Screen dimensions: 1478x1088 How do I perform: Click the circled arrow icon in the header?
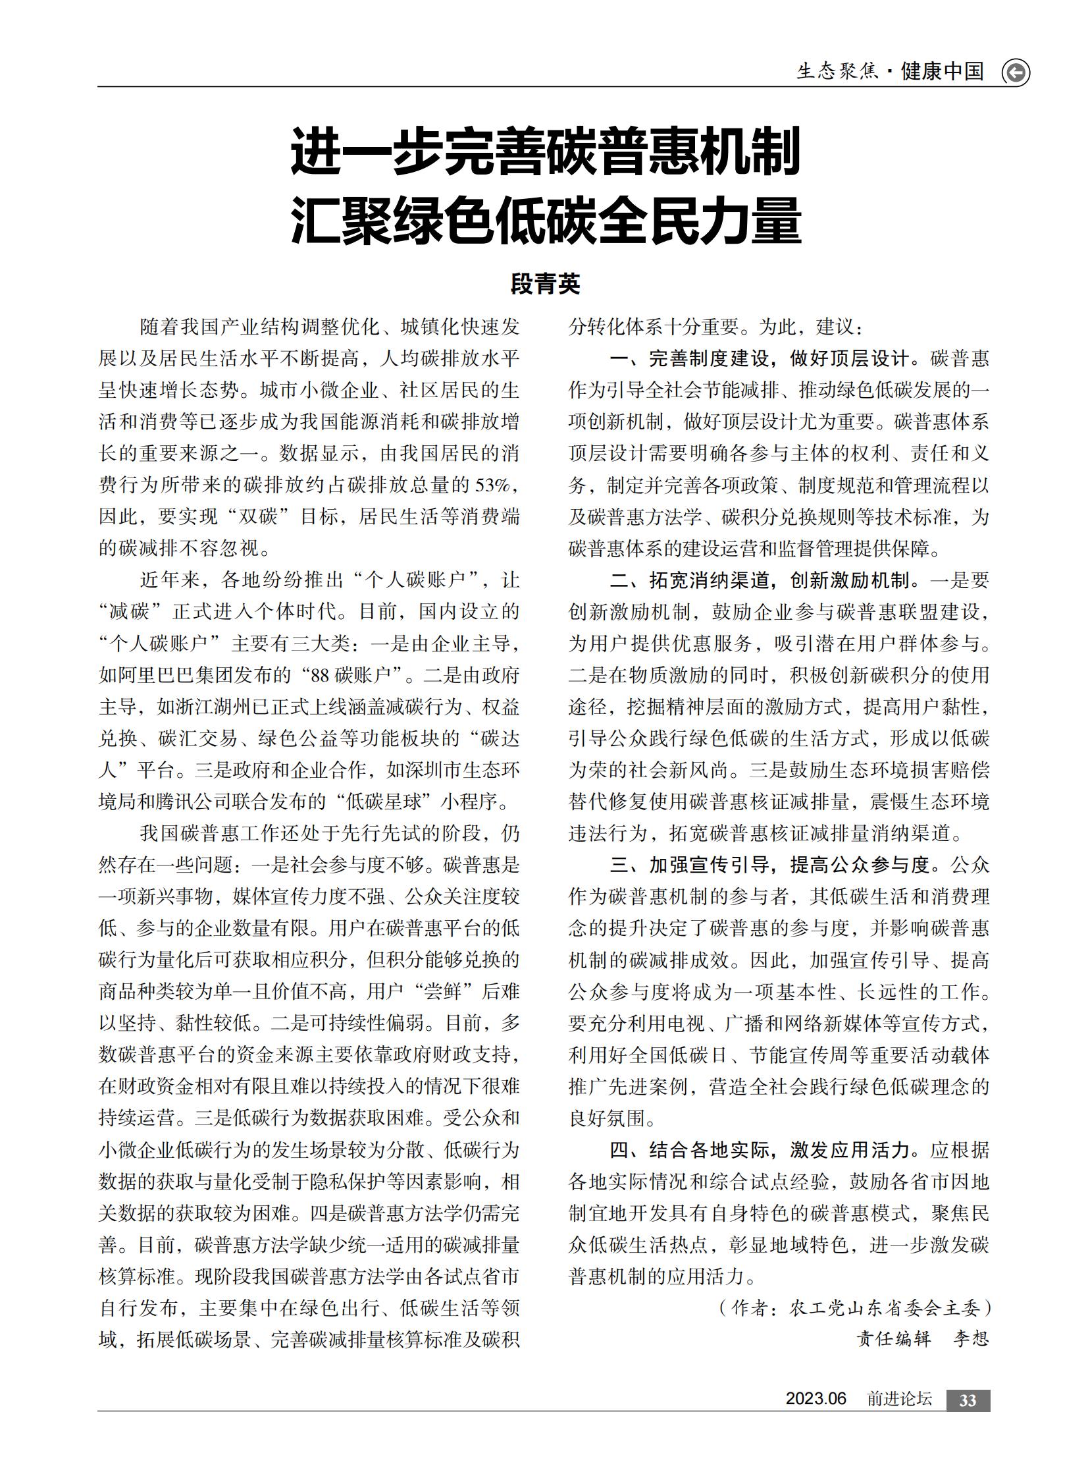point(1016,72)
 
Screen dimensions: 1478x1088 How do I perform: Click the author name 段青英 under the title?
point(546,284)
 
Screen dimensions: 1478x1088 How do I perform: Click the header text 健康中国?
point(943,71)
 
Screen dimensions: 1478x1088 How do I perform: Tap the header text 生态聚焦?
point(837,71)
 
